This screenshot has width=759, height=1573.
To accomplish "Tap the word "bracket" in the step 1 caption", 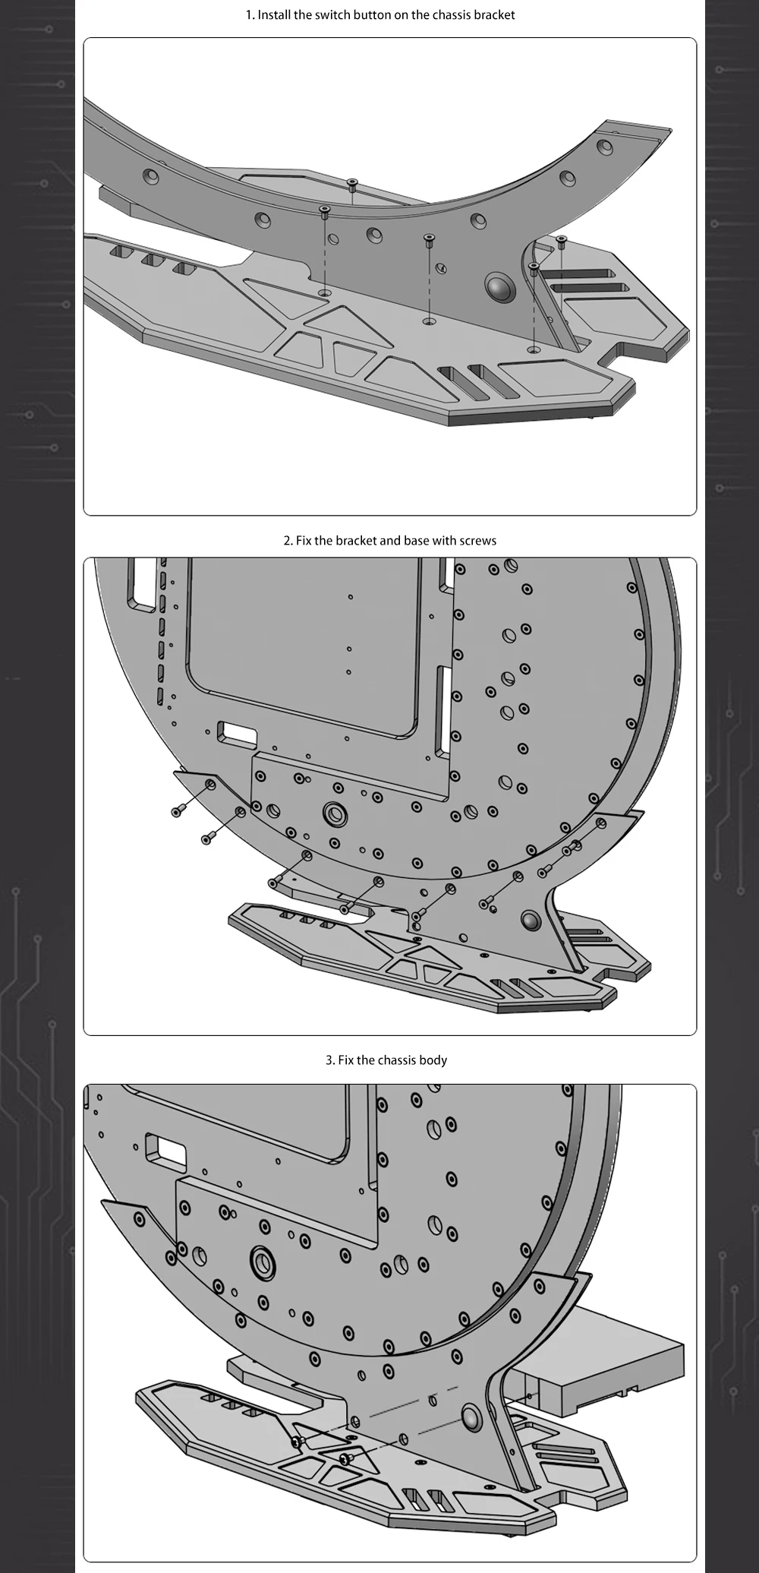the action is (494, 15).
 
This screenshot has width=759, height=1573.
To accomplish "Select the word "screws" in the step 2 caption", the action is (478, 541).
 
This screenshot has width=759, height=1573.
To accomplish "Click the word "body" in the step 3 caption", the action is (433, 1060).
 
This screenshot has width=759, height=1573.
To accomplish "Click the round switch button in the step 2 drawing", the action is (532, 920).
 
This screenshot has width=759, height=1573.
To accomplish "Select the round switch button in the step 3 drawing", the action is (472, 1417).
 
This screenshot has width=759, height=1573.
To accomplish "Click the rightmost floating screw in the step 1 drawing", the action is (562, 242).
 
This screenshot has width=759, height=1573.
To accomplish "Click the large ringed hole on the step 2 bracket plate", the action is (335, 813).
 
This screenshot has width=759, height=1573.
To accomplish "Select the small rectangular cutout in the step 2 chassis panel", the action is (237, 734).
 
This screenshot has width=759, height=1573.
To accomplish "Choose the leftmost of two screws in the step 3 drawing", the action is (298, 1441).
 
